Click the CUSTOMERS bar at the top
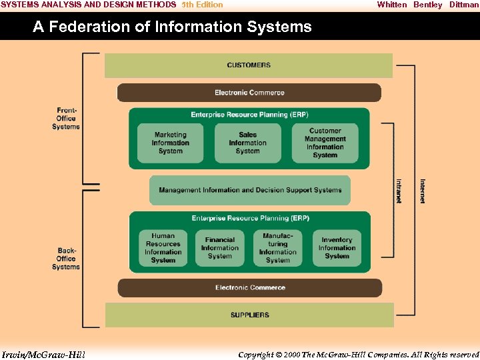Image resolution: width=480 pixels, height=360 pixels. (x=249, y=65)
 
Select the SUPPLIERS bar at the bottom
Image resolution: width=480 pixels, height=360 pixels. (x=249, y=315)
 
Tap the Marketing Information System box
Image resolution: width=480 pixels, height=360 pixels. (x=171, y=143)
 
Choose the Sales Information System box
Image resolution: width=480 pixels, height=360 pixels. (x=247, y=143)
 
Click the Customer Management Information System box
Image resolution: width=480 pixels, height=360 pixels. (x=325, y=143)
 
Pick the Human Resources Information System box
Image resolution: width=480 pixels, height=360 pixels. (x=163, y=248)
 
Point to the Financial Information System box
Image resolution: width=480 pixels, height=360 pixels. (x=220, y=248)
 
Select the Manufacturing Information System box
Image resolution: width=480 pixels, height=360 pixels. (x=278, y=248)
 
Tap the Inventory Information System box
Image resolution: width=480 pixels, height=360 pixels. (x=337, y=248)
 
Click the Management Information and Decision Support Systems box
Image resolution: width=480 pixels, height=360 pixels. (x=250, y=190)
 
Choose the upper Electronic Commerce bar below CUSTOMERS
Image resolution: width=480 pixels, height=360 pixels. (x=249, y=93)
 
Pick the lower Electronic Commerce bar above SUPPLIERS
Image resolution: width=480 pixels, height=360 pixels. (x=250, y=288)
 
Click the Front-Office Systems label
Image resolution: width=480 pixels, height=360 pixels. (x=66, y=119)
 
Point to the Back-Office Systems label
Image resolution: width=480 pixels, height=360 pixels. (x=66, y=259)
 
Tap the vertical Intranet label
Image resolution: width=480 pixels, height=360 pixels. (x=399, y=191)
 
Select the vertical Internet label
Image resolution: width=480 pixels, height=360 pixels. (x=423, y=191)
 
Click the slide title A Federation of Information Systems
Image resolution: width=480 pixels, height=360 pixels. (x=172, y=27)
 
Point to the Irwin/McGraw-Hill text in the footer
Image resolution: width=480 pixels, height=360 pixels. (x=43, y=354)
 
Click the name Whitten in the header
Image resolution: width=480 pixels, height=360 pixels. (x=391, y=5)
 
